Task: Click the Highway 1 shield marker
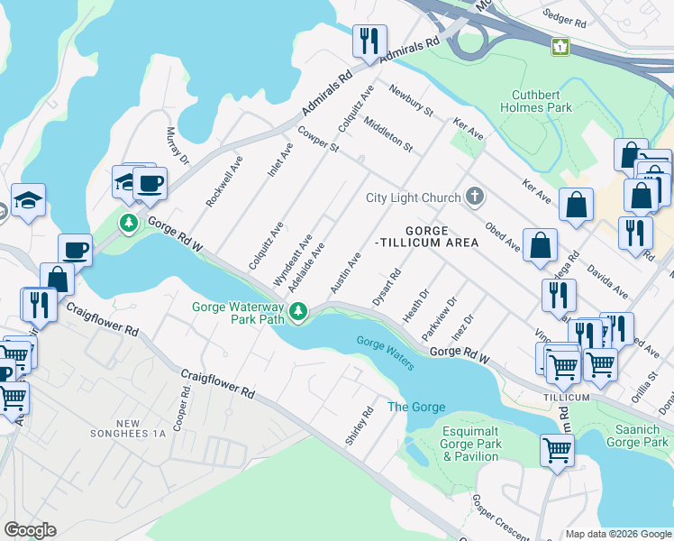coord(561,46)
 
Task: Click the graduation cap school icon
coord(28,201)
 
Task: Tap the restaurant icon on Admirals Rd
coord(369,41)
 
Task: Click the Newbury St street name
coord(411,101)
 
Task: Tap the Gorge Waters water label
coord(385,353)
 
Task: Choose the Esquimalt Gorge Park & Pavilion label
coord(469,444)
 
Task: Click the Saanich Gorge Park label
coord(637,436)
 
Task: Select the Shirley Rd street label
coord(359,426)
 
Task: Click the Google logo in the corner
coord(30,530)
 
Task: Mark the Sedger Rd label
coord(565,16)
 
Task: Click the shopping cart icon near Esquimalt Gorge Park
coord(557,449)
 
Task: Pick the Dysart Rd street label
coord(385,287)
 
